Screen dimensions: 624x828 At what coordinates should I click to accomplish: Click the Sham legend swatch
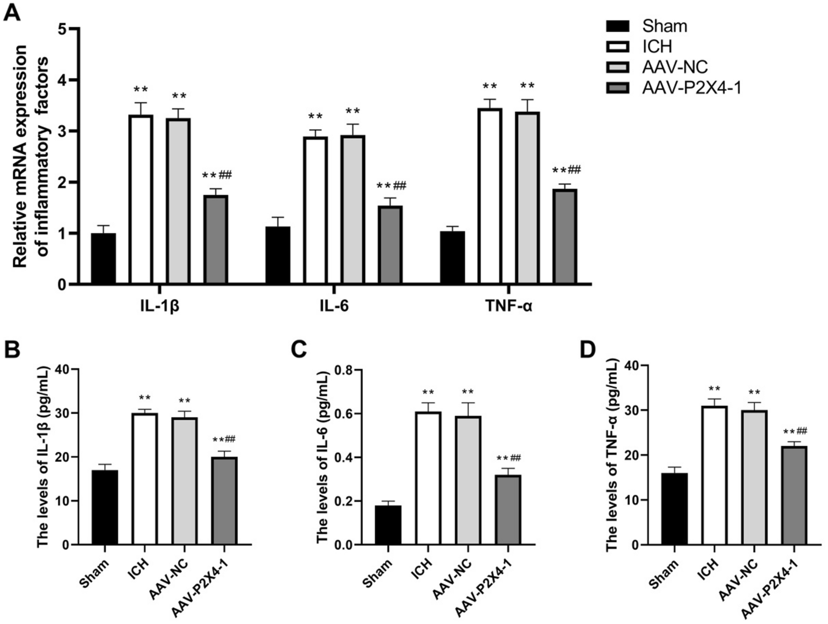(617, 26)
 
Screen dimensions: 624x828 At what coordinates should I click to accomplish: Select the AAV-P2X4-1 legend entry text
(691, 88)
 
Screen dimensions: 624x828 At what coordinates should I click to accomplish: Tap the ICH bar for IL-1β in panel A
(141, 199)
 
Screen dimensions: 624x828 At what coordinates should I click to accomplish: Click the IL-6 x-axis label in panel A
(334, 306)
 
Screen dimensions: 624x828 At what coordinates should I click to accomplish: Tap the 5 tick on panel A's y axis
(62, 29)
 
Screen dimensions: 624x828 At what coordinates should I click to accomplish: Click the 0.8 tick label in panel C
(344, 370)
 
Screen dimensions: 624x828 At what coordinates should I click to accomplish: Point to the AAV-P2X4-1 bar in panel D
(794, 495)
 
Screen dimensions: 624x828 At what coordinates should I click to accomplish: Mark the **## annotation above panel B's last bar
(224, 439)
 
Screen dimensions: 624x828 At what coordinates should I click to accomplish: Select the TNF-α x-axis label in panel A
(508, 306)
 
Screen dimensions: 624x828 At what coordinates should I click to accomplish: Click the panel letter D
(588, 350)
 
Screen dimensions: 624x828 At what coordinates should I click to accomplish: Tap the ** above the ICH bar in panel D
(714, 389)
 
